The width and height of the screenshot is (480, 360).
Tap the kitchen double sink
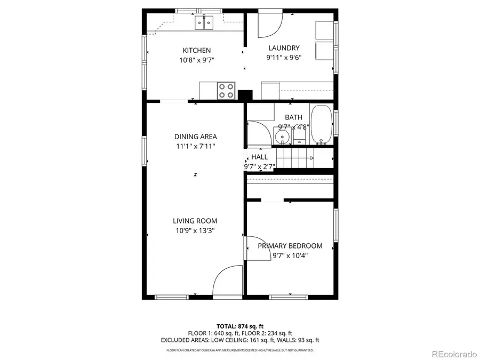tap(204, 22)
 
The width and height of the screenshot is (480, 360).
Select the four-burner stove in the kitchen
tap(227, 90)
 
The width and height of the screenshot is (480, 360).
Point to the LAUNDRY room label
tap(284, 48)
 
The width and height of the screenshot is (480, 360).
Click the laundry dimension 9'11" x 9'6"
tap(284, 58)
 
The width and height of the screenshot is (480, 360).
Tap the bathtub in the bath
tap(321, 125)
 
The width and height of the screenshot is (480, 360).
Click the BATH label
tap(293, 117)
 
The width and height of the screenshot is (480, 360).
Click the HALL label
tap(260, 157)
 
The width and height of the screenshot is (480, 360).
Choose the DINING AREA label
tap(195, 137)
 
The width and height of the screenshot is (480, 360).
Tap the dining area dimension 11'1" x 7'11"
tap(195, 146)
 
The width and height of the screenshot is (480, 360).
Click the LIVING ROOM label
tap(195, 221)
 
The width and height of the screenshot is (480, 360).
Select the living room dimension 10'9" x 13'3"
tap(195, 230)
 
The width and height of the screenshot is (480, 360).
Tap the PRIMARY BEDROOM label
tap(290, 246)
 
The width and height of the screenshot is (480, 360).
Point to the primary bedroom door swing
tap(256, 247)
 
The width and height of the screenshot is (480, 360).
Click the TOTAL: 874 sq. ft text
tap(239, 326)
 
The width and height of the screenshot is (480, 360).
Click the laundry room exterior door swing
tap(270, 25)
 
